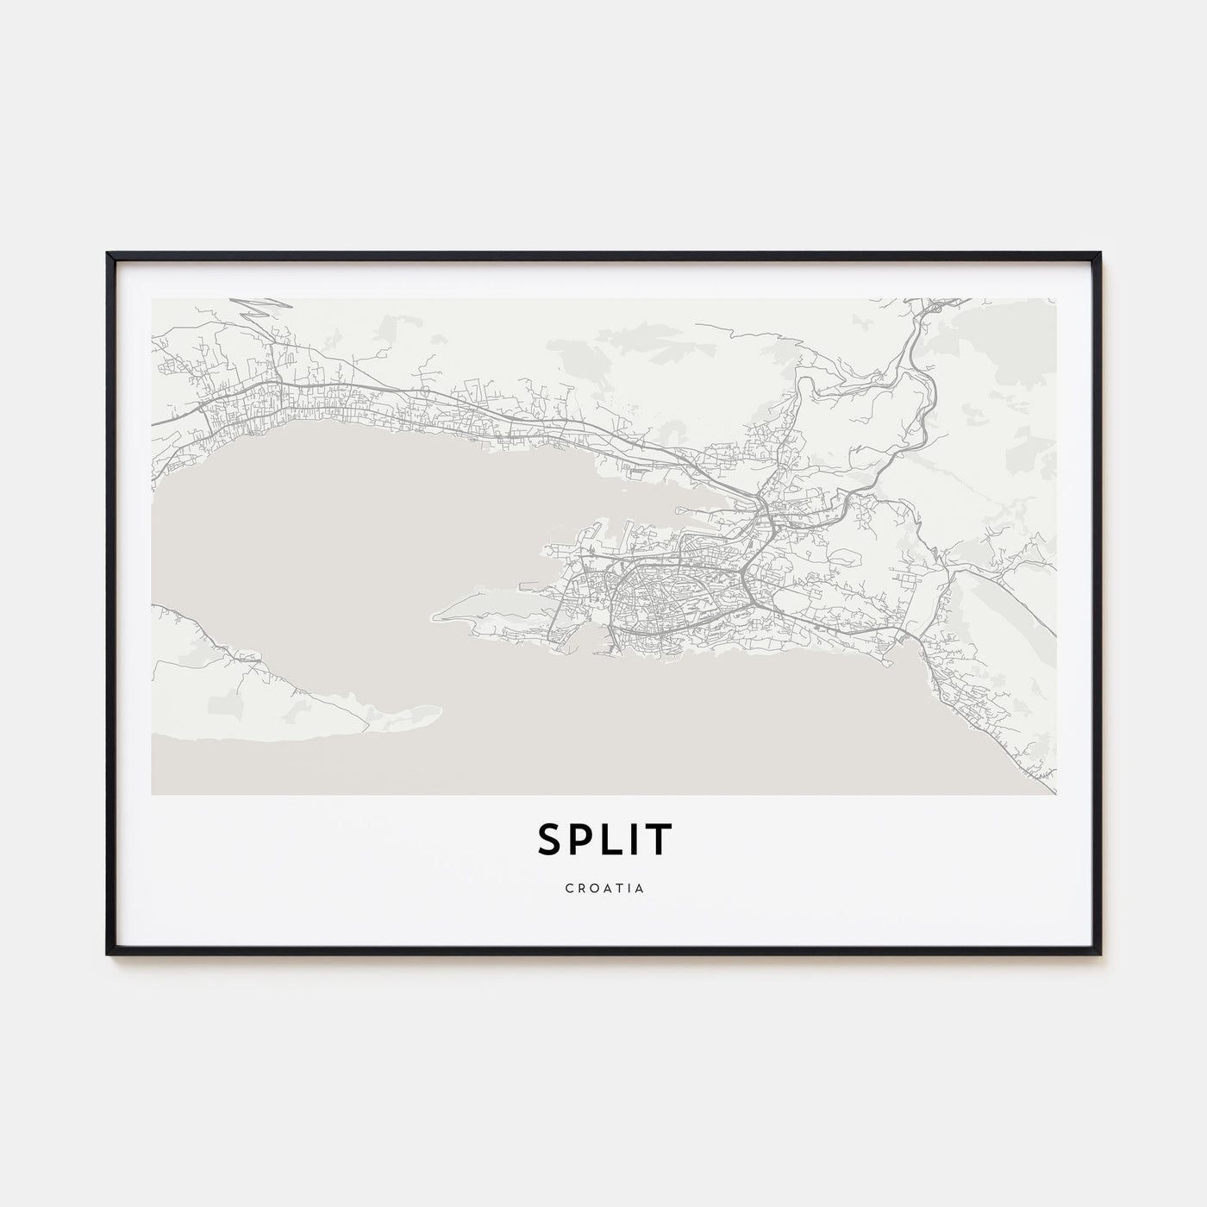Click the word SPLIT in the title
point(603,840)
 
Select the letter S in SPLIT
point(552,840)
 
